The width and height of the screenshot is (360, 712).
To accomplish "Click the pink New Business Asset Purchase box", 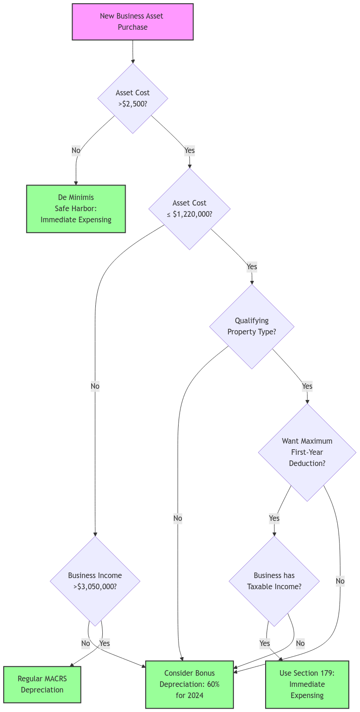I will [133, 22].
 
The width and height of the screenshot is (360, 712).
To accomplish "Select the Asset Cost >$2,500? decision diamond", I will [133, 98].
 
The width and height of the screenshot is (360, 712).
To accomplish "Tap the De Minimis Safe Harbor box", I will [76, 209].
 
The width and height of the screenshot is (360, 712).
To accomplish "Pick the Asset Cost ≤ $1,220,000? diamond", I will [189, 209].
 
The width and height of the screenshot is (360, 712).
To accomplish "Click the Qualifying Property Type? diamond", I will [252, 326].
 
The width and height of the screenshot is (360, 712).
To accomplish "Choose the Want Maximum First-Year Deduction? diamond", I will [307, 452].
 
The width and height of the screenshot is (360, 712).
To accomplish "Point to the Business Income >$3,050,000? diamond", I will [95, 581].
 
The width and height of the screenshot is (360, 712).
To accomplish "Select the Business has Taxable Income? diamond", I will [274, 581].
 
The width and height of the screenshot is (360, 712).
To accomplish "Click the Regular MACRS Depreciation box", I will [42, 684].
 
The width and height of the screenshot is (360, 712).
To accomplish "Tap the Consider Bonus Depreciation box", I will [189, 684].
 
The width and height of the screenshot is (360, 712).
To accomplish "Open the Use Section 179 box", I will [307, 684].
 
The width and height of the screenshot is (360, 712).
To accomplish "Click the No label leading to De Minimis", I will [76, 150].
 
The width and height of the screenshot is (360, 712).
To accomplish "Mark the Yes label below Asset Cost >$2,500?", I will [189, 150].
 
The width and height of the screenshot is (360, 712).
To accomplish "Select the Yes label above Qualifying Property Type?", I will [252, 266].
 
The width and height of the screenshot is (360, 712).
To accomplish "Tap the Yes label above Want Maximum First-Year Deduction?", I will [307, 386].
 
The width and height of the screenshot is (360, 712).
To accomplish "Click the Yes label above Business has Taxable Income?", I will [274, 518].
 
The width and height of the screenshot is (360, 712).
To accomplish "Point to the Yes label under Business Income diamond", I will [105, 643].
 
